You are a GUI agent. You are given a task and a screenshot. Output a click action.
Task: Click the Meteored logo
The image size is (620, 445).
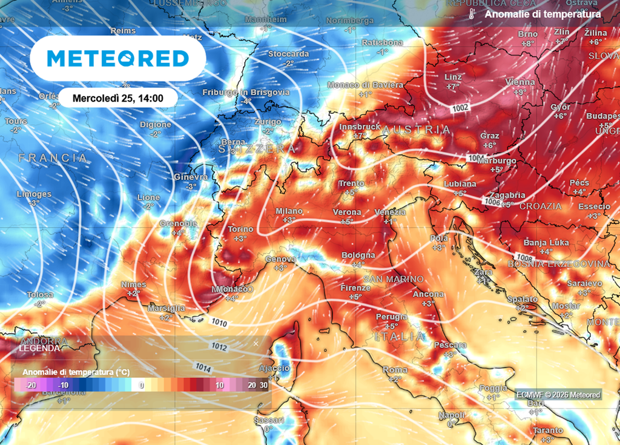pos(118,58)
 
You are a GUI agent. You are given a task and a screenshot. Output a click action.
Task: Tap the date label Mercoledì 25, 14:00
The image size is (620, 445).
pos(117,97)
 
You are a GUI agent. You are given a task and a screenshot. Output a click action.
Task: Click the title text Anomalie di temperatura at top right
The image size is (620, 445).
pos(543,14)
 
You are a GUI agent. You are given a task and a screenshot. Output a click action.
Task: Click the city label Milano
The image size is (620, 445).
pos(289,211)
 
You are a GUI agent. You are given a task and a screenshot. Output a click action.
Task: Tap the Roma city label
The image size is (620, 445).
pos(395,369)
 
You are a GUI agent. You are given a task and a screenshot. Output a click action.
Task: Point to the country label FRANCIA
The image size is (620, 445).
pos(53,158)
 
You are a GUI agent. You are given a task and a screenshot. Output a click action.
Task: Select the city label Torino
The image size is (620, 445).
pos(241,229)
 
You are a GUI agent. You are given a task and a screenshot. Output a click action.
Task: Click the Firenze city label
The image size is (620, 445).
pos(355,287)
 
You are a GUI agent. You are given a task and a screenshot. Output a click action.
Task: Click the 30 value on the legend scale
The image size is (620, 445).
pos(263,385)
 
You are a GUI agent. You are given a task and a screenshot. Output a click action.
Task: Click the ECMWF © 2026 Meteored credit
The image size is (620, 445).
pos(558,395)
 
